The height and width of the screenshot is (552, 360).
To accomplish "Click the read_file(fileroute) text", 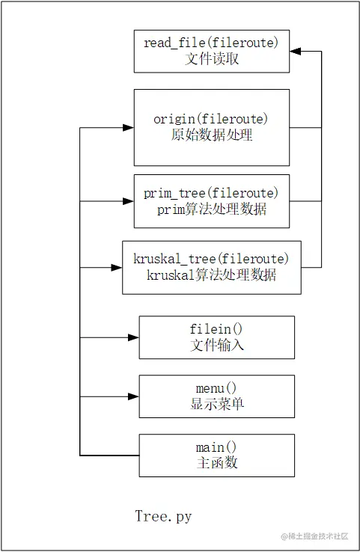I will pos(212,43).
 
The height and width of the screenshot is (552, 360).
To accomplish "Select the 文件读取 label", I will pos(212,59).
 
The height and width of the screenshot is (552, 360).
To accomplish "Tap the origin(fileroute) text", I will pos(212,120).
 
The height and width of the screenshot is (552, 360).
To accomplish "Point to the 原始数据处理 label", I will pos(212,135).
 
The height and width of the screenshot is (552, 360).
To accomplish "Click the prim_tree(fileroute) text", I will pos(212,194).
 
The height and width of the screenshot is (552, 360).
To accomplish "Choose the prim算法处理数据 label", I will pos(212,209).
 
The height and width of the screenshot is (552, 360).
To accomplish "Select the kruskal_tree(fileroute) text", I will pos(212,260).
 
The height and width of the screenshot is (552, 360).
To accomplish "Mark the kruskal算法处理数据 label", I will pos(212,275).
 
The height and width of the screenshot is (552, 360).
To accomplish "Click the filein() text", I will pos(217,330).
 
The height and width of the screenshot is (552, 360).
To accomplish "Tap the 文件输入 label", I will pos(217,346).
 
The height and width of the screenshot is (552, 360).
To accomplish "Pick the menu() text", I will pos(217,389).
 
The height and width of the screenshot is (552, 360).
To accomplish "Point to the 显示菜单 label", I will pos(217,405).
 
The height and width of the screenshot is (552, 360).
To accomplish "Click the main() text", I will pos(217,447).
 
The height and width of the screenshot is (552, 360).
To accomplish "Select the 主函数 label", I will pos(217,463).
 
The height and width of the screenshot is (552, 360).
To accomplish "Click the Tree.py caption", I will pos(163,517).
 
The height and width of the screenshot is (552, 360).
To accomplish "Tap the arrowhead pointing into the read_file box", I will pos(296,52).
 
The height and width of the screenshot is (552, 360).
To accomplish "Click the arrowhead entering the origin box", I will pos(128,128).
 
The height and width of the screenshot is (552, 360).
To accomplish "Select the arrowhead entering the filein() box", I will pos(133,337).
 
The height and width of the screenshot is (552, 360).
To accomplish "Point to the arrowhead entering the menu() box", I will pos(133,396).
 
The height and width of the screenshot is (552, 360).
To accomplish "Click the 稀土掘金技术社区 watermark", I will pos(319,536).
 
